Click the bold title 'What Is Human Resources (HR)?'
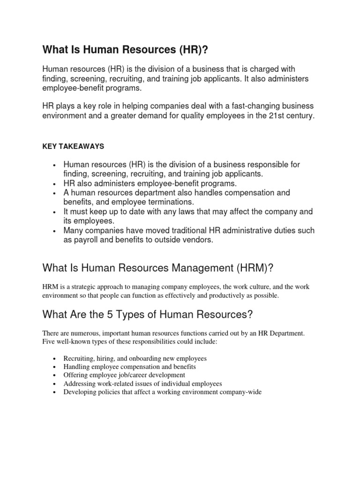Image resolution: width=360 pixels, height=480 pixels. (x=117, y=50)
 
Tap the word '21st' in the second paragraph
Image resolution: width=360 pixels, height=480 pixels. (x=270, y=115)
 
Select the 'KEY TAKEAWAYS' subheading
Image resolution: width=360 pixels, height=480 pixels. (x=73, y=146)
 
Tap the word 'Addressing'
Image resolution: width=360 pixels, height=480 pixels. (x=79, y=383)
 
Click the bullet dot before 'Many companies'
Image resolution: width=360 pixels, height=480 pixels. (x=55, y=231)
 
